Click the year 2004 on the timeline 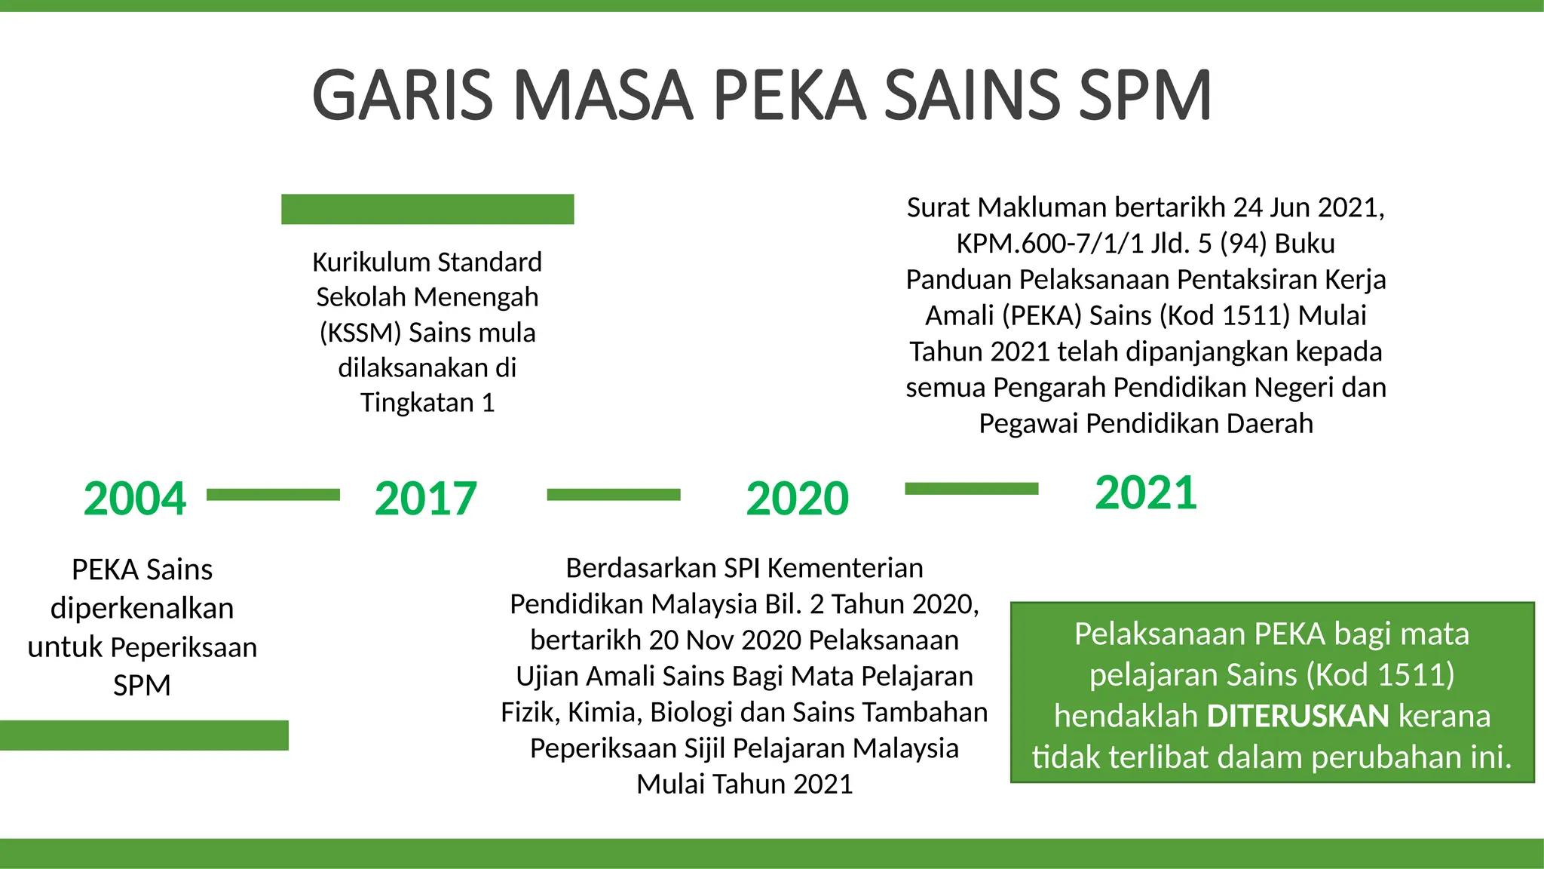click(134, 499)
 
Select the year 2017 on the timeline click(425, 499)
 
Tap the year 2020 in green click(797, 499)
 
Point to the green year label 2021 click(1145, 493)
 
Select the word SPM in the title click(1145, 96)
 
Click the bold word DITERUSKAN click(1297, 716)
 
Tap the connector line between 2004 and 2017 click(273, 495)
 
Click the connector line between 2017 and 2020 click(613, 495)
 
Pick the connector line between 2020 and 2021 click(971, 489)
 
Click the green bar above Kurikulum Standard click(427, 209)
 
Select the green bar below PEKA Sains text click(143, 735)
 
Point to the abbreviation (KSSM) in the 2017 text click(360, 333)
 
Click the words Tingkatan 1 click(427, 403)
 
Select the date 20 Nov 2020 click(725, 640)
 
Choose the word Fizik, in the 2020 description click(529, 712)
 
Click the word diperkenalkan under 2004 click(142, 608)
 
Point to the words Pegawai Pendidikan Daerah click(1145, 424)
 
